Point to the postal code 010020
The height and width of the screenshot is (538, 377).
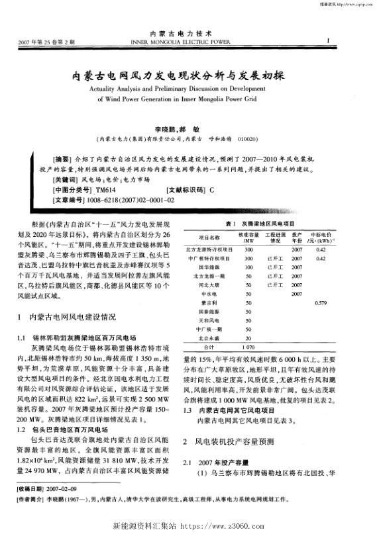pos(248,139)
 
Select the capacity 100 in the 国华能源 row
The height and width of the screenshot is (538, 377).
pos(248,267)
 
